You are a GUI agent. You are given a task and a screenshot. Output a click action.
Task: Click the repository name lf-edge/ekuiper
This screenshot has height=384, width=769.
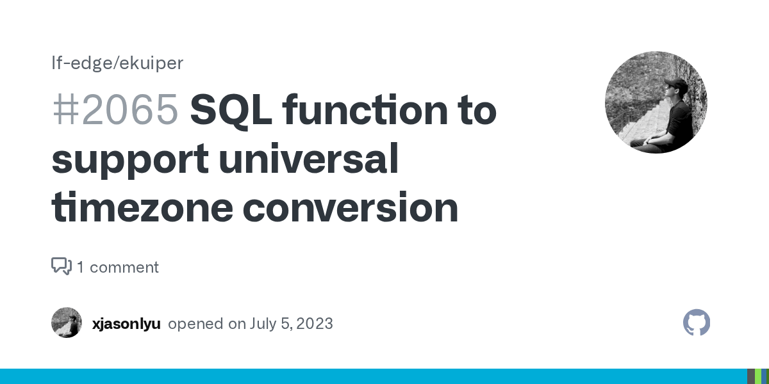117,63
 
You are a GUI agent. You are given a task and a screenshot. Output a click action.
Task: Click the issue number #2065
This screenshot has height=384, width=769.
115,109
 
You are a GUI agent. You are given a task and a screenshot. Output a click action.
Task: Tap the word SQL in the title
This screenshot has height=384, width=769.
230,109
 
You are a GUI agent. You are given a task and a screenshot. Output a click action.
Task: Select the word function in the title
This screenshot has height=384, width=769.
360,109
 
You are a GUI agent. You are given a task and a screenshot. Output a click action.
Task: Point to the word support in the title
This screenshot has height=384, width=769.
129,159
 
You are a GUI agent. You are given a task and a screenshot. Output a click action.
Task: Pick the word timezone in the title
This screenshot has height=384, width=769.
141,207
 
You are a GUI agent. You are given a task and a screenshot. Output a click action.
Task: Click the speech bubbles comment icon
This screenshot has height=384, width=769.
61,266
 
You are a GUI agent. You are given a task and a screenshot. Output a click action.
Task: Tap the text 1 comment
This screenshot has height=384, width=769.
118,267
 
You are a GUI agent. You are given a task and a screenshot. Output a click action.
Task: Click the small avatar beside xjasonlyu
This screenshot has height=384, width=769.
67,323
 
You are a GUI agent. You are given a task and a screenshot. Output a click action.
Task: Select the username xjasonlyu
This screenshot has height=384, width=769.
126,323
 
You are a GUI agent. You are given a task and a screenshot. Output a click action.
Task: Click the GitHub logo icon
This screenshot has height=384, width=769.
697,323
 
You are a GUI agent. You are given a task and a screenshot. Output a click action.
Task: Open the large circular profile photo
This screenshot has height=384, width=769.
656,102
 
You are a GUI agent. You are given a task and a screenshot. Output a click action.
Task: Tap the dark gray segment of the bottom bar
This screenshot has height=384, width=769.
750,376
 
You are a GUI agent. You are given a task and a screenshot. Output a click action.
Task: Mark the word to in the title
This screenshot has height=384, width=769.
476,109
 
